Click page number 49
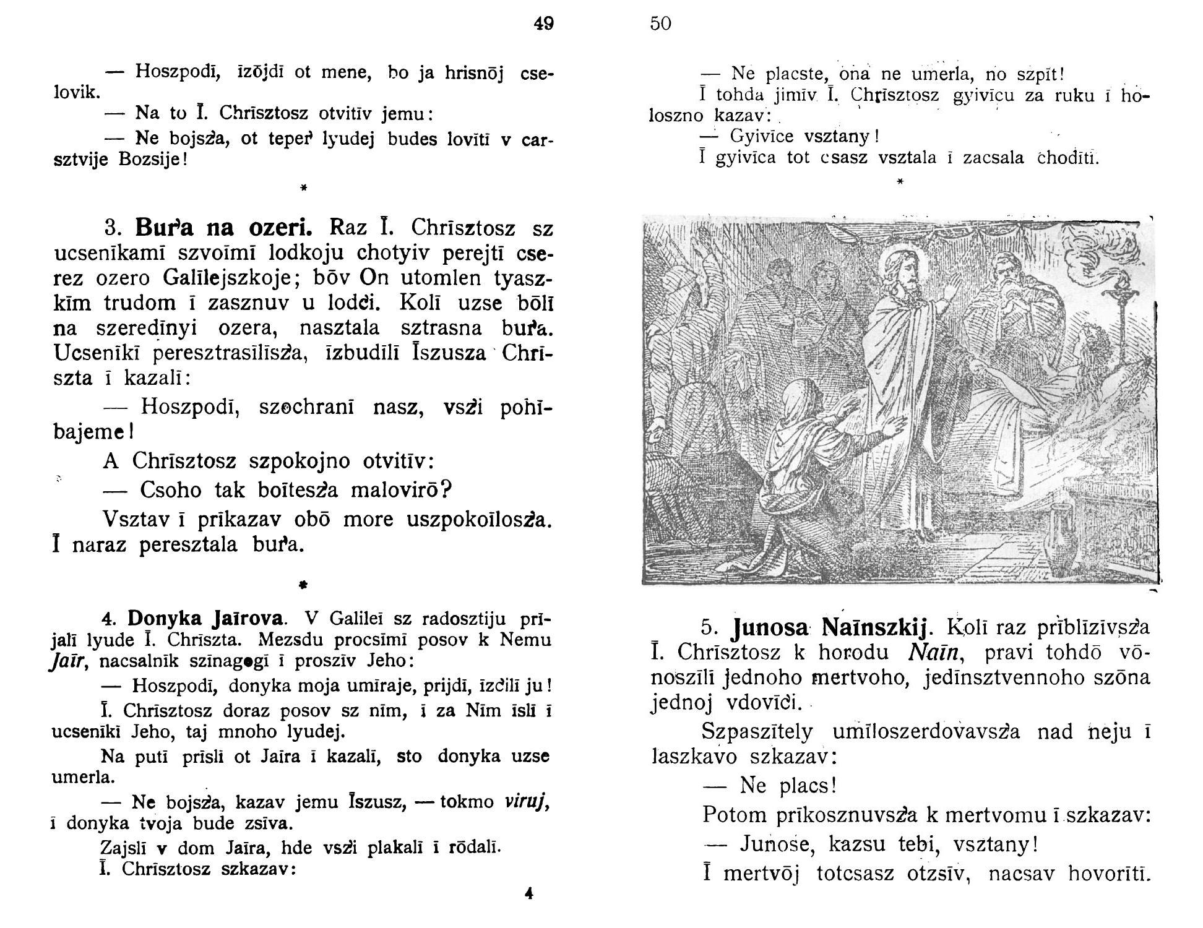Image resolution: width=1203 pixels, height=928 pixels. click(x=544, y=24)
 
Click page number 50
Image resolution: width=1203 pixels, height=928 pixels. click(x=660, y=24)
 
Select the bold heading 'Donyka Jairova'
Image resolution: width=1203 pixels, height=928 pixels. click(x=206, y=618)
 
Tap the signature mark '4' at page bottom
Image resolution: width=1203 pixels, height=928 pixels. click(x=528, y=893)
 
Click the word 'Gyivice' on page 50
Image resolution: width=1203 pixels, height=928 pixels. click(x=762, y=135)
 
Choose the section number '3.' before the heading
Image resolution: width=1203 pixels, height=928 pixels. click(x=112, y=229)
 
